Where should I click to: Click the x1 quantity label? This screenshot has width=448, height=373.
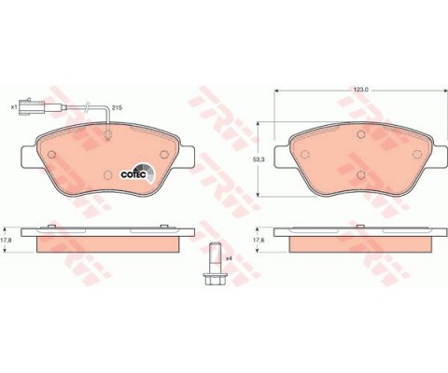coord(14,108)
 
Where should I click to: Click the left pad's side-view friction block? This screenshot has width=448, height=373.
coord(105,244)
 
